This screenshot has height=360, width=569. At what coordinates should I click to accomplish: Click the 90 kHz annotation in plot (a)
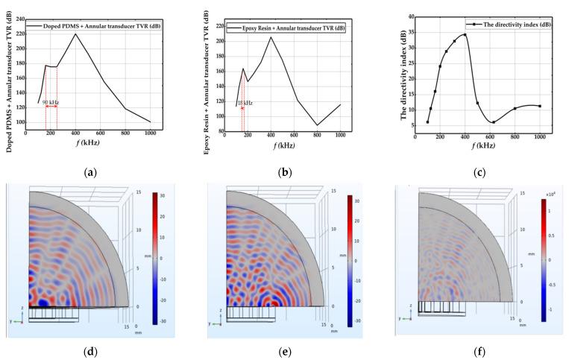click(x=51, y=101)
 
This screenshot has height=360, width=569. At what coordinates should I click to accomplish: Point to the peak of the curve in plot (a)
click(x=75, y=34)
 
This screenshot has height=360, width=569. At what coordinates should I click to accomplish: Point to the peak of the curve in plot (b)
click(x=271, y=37)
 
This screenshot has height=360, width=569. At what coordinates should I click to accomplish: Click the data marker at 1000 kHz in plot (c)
click(x=539, y=106)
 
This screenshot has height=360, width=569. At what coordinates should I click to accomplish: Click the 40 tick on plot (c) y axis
click(x=410, y=15)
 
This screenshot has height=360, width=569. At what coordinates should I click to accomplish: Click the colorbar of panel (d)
click(x=154, y=258)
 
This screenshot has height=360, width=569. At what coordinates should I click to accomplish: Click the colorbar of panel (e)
click(x=349, y=260)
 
